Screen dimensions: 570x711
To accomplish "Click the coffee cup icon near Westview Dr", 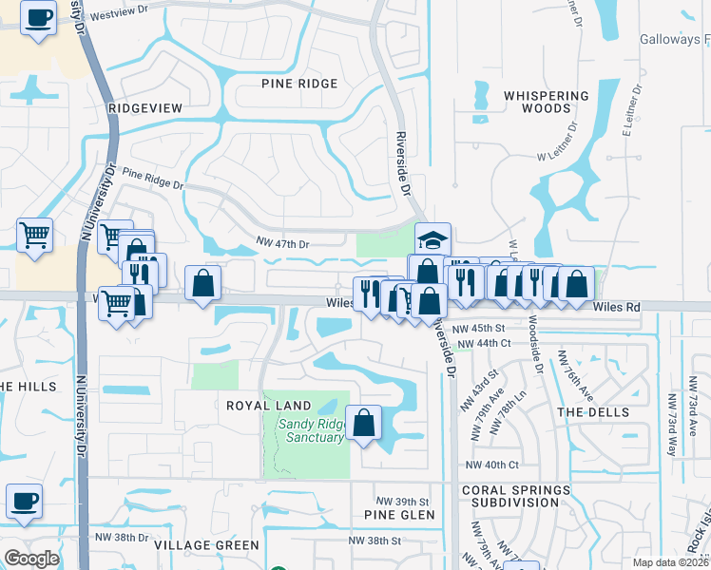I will coord(38,18).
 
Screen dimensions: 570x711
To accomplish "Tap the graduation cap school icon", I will coord(432,239).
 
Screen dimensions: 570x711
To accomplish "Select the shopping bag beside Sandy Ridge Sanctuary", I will coord(363,423).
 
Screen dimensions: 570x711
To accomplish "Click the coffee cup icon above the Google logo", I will coord(24,501).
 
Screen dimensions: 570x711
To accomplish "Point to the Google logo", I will coord(31,559).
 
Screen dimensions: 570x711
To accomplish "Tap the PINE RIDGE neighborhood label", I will coord(299,84).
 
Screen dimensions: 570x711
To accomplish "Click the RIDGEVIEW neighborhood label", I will coord(145,108).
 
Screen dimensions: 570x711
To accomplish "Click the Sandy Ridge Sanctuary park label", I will coord(310,430).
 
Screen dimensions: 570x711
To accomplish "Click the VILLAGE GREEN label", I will coord(206,545).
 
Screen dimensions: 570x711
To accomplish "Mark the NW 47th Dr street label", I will coord(283,244).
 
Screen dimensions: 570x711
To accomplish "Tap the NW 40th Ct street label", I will coord(492,465).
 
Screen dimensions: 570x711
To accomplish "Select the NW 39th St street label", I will coord(403,501).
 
